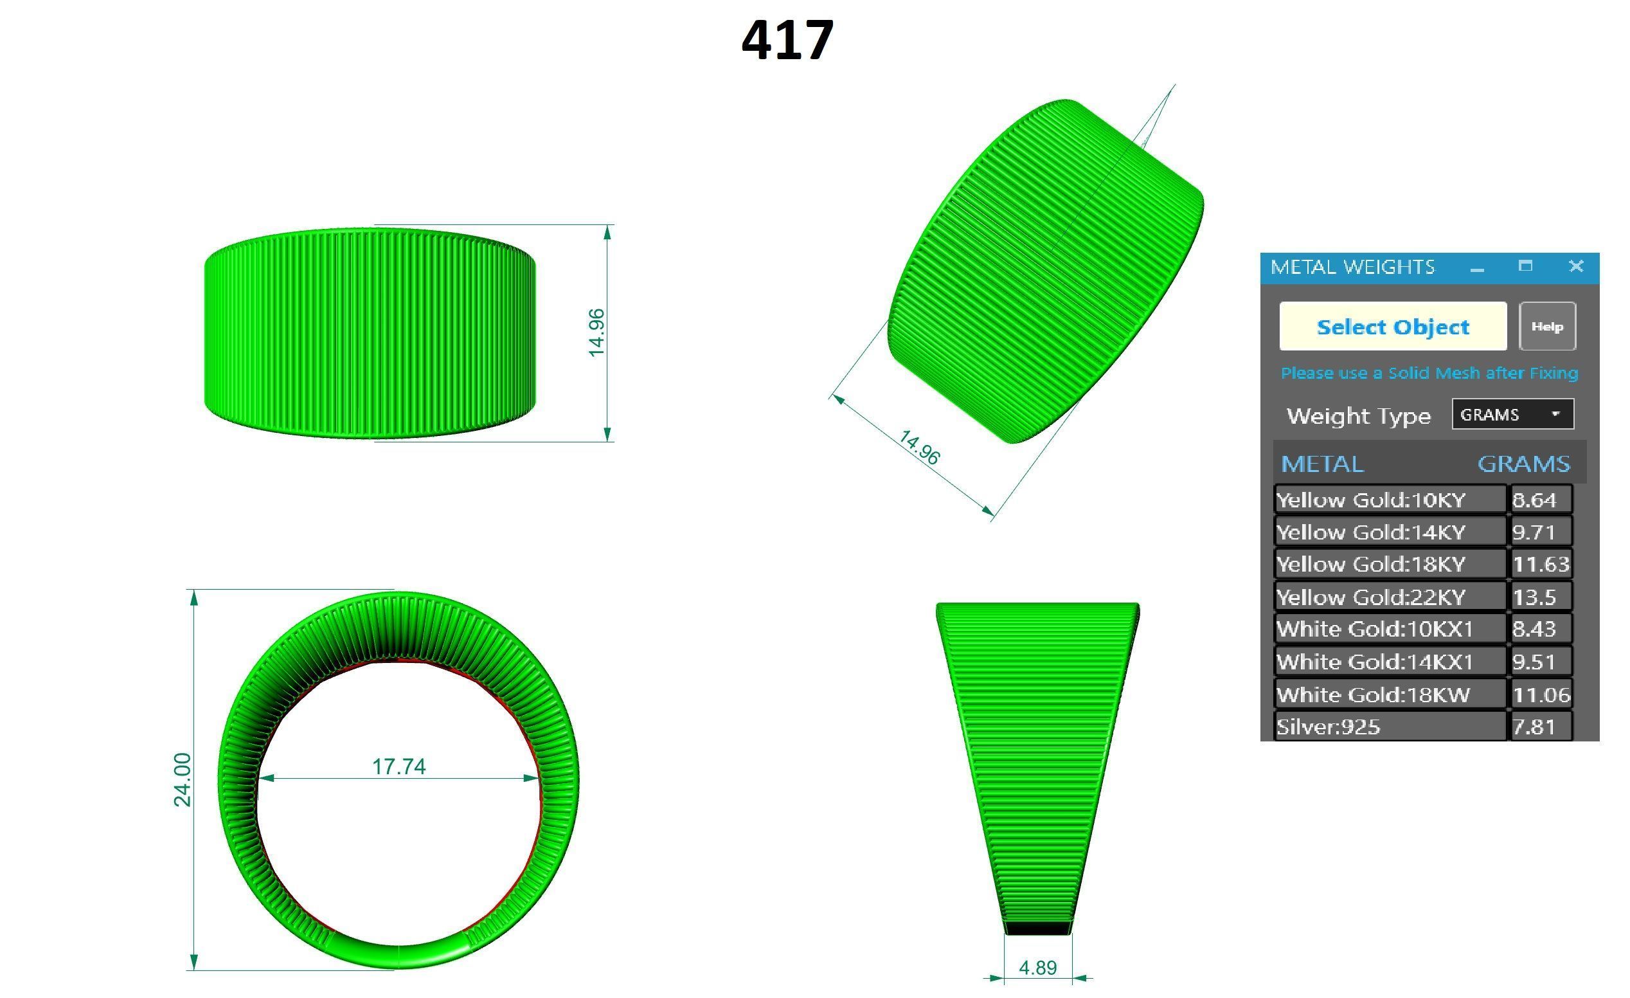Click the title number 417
[x=787, y=41]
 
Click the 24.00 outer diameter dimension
[x=182, y=779]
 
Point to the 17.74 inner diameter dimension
[x=399, y=767]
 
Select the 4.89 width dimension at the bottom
[x=1037, y=968]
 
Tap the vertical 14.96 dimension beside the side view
[x=596, y=332]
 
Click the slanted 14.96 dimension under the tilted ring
[x=919, y=448]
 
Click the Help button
[x=1546, y=326]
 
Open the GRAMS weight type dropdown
[x=1512, y=414]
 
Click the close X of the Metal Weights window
[x=1576, y=266]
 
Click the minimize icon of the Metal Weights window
[x=1477, y=268]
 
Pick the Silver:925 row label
[x=1329, y=727]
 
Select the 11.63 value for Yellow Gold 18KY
[x=1540, y=564]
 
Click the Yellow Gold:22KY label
[x=1371, y=597]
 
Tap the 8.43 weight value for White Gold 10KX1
[x=1534, y=629]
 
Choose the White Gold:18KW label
[x=1374, y=694]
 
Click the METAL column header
[x=1321, y=463]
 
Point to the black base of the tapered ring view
[x=1037, y=928]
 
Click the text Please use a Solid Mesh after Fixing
[x=1429, y=373]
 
